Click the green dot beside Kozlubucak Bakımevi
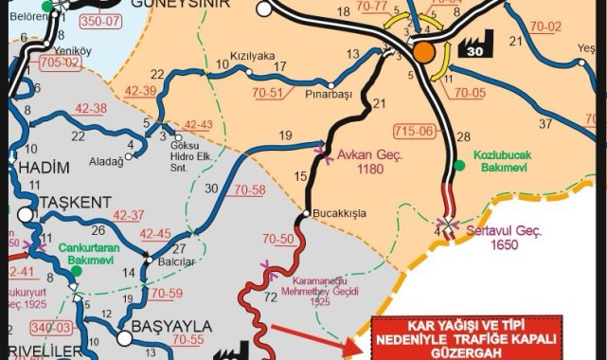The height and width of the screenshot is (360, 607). click(460, 165)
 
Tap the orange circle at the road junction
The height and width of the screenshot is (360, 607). click(422, 50)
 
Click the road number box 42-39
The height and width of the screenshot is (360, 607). click(141, 90)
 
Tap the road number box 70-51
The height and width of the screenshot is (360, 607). click(269, 93)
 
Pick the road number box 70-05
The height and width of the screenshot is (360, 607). click(469, 93)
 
